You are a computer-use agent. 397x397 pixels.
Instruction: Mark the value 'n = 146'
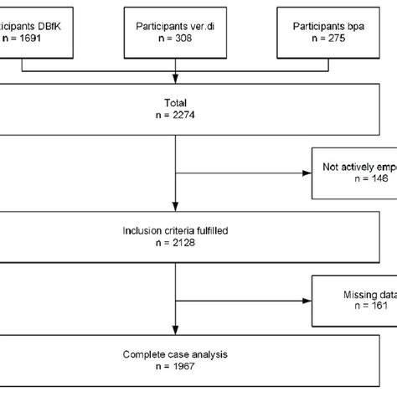tap(355, 179)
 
